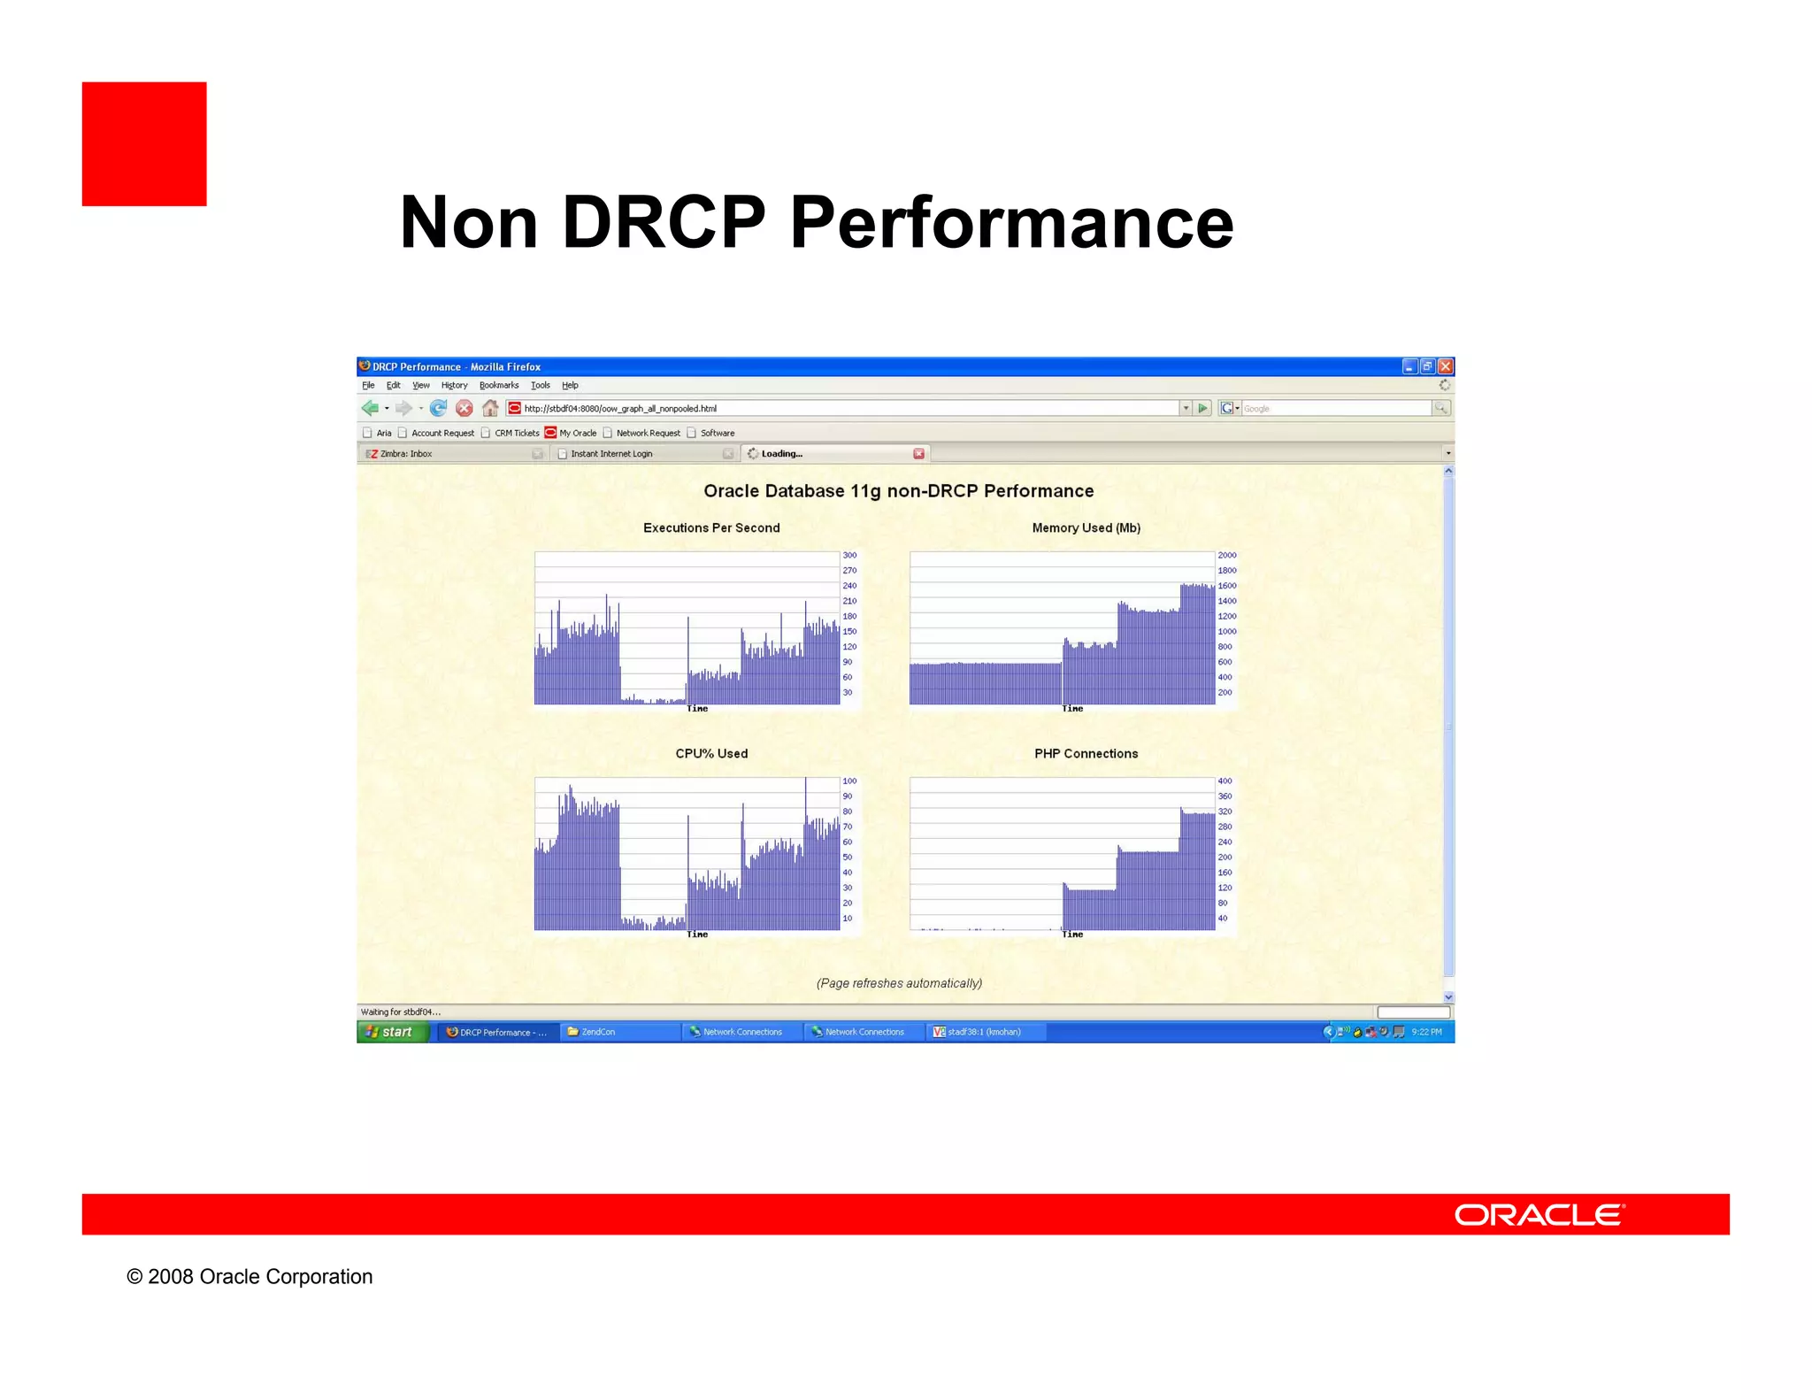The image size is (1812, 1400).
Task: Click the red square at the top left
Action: [144, 144]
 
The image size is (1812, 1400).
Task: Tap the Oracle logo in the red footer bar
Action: [1539, 1214]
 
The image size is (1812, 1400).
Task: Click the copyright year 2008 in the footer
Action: [171, 1276]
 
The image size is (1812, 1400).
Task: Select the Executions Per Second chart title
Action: [711, 527]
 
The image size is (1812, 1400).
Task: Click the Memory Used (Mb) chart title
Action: [1086, 527]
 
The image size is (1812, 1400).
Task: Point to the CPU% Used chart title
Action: [711, 753]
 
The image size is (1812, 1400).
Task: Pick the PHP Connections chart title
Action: [1086, 753]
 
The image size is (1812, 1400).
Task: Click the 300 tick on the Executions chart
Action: [849, 556]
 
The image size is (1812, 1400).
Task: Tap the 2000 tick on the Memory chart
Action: [1226, 556]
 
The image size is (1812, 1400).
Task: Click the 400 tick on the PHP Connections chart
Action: [1225, 781]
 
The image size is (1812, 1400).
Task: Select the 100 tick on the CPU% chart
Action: [849, 781]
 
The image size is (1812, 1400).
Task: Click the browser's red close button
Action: [1445, 366]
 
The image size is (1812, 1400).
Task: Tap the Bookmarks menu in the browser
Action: [499, 385]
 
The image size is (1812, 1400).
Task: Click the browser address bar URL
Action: [619, 409]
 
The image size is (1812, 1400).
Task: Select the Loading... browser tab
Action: [782, 454]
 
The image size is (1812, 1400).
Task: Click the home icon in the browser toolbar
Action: [490, 408]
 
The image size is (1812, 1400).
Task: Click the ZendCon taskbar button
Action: [598, 1032]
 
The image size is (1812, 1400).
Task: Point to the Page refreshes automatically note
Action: [899, 983]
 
